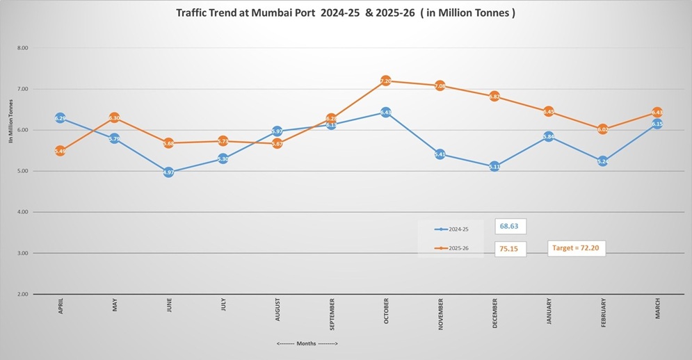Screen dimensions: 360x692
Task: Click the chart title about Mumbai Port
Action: pos(345,13)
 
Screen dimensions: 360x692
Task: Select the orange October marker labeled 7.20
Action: pos(386,81)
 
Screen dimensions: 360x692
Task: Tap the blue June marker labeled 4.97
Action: pos(169,172)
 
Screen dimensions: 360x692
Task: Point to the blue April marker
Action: pos(61,119)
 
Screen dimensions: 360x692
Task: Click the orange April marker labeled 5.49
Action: pos(61,151)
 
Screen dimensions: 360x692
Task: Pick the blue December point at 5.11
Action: pos(494,167)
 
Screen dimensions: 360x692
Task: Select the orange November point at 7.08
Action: pos(440,86)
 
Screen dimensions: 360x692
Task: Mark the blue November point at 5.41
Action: pos(440,154)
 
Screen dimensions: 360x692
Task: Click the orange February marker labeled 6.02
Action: pos(603,129)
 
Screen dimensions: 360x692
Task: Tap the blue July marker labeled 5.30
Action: pos(223,159)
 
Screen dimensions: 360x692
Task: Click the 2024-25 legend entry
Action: pos(451,229)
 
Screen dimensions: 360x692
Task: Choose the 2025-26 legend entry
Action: pos(451,248)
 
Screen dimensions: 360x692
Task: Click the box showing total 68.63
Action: pos(510,227)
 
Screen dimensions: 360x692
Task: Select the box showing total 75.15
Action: pos(510,249)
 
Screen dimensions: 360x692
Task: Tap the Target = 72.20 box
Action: pos(577,247)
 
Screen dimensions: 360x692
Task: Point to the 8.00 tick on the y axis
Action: pos(22,48)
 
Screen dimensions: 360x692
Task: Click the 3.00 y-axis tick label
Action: pos(22,253)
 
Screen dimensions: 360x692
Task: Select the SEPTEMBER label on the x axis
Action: pos(332,315)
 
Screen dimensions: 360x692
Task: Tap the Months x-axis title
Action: pos(307,343)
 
